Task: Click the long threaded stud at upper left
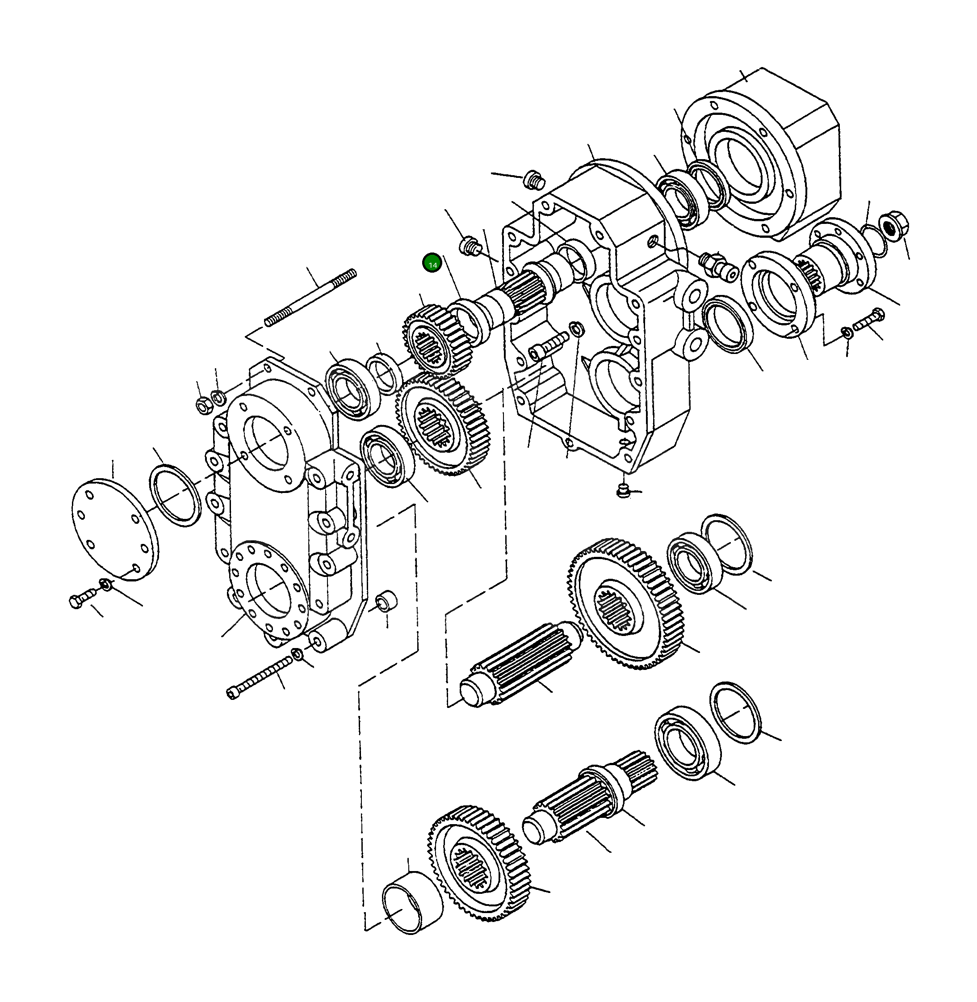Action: pos(311,298)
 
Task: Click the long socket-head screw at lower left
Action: pos(259,679)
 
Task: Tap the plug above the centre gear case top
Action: pos(534,181)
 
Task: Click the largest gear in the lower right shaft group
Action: pos(626,606)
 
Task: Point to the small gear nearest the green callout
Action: pos(436,340)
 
